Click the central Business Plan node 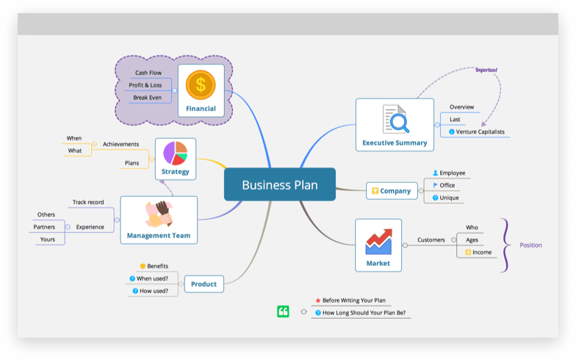279,184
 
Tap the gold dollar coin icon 201,84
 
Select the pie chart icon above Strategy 175,153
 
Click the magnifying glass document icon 395,119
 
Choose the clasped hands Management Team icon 158,215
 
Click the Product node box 204,284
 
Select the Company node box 391,191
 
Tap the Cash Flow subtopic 148,73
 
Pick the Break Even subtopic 147,98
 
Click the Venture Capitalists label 480,132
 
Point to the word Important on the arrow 486,70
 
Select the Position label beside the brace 530,245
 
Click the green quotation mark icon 283,312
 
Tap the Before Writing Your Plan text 353,300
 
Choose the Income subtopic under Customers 481,252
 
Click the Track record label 88,202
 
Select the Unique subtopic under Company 448,198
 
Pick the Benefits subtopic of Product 157,266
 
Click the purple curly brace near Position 504,245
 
